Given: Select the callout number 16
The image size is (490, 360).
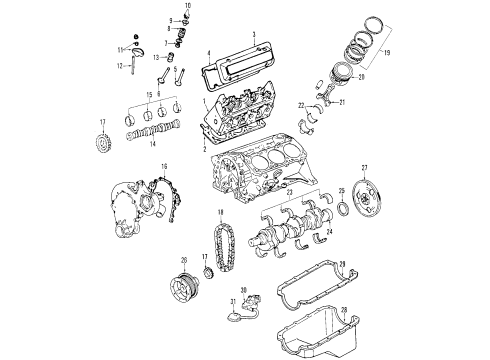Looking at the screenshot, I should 165,167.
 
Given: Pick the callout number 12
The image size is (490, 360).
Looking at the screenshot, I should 117,66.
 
